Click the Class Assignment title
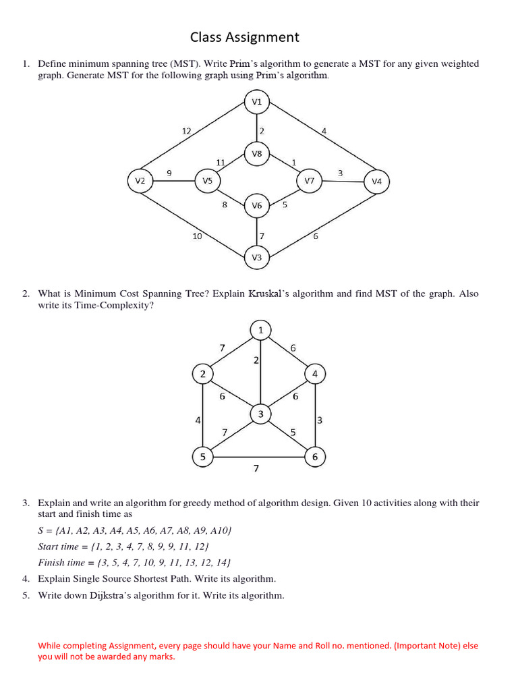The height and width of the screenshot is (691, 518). (244, 37)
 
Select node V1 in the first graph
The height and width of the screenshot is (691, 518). (256, 103)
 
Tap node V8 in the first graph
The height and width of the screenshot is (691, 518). (256, 154)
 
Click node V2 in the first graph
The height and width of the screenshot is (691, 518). (140, 181)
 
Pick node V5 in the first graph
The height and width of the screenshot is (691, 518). (207, 181)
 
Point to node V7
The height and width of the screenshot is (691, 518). (309, 181)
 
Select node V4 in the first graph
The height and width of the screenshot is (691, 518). (376, 181)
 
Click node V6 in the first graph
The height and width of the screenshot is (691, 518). (256, 206)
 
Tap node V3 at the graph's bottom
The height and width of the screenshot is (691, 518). (256, 257)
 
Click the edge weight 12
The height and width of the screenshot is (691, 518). (187, 130)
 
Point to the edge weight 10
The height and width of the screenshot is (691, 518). (197, 236)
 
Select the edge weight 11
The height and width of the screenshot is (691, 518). (221, 162)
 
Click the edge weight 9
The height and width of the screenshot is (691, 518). (169, 173)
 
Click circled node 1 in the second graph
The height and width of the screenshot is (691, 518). (260, 330)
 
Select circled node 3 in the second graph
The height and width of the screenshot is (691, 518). (260, 414)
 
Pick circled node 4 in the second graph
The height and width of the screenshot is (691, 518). (315, 373)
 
